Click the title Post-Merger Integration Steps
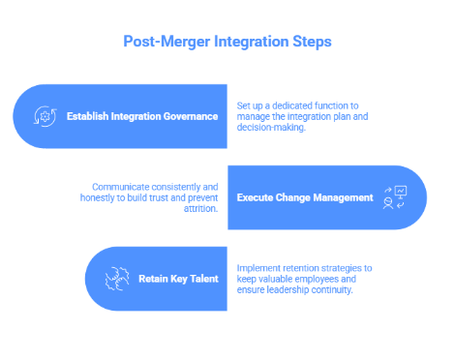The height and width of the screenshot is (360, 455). pos(227,43)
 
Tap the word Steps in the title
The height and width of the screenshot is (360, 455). pos(310,43)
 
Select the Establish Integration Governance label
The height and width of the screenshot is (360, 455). pos(141,117)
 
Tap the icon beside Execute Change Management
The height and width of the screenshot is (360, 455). pos(395,197)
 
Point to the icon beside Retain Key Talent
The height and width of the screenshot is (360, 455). pos(117,279)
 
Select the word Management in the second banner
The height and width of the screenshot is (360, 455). pos(341,197)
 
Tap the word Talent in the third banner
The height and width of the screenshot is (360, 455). pos(199,279)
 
